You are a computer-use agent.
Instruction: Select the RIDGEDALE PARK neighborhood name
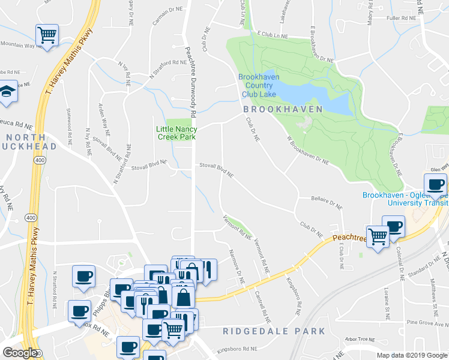274,331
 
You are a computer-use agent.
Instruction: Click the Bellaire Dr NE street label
327,202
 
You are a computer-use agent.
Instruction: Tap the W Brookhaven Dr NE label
308,150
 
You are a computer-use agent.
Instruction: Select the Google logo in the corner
20,353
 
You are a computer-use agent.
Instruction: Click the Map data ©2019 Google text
412,355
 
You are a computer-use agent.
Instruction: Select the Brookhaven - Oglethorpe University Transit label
405,199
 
